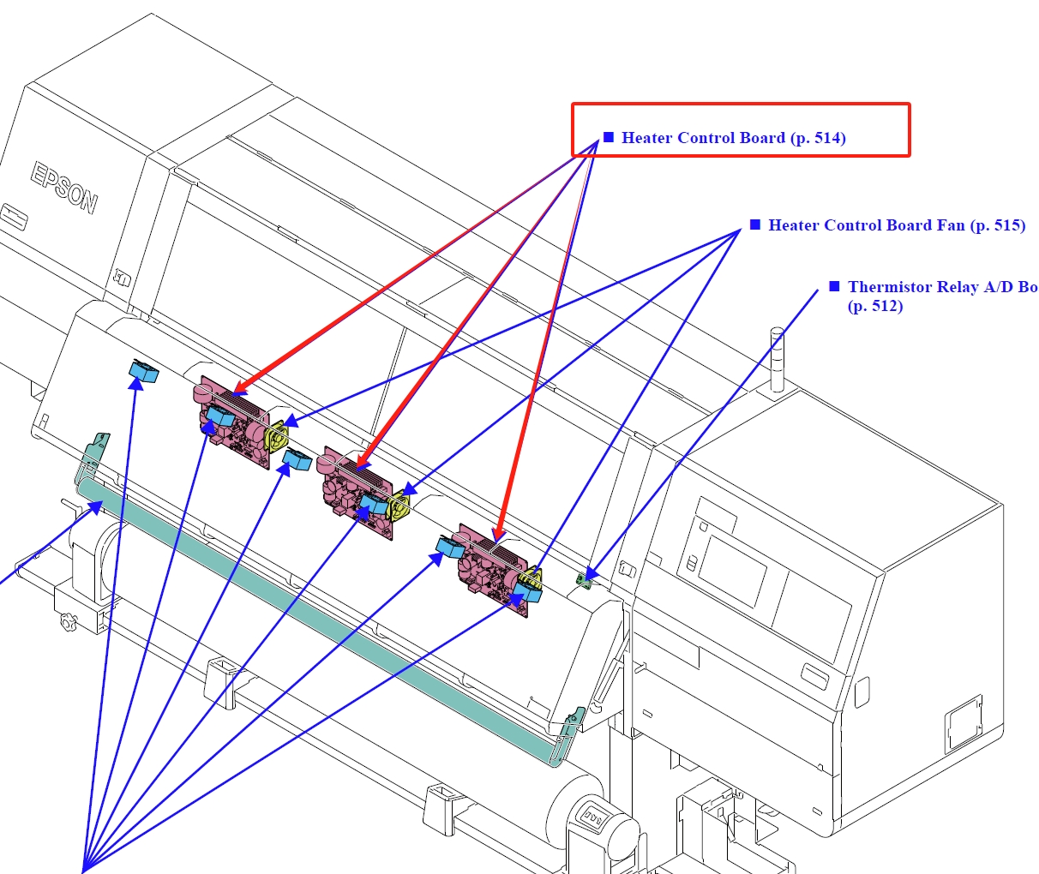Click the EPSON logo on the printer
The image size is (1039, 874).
point(64,188)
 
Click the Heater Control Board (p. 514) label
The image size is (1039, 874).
point(734,138)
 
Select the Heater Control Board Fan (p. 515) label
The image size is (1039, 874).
point(897,225)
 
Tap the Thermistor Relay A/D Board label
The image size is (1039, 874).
point(942,288)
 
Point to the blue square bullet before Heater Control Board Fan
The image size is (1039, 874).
point(755,224)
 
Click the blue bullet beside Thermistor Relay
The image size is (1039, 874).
point(834,286)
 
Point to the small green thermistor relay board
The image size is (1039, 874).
point(586,580)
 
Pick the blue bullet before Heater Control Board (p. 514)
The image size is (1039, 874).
point(609,137)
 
